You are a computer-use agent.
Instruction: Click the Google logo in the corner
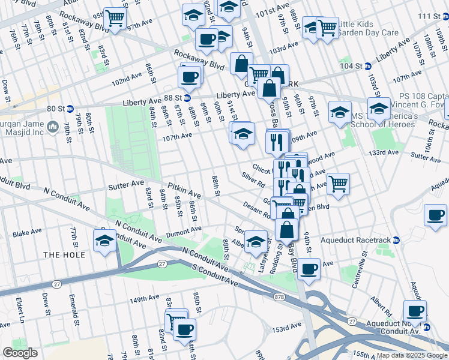[x=20, y=353]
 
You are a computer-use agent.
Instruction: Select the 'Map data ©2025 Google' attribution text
[x=412, y=355]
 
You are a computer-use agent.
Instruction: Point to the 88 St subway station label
[x=174, y=98]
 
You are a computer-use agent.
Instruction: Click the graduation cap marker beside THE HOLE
[x=104, y=240]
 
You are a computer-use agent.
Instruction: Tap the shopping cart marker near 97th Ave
[x=115, y=18]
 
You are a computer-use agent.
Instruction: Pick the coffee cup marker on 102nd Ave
[x=190, y=77]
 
